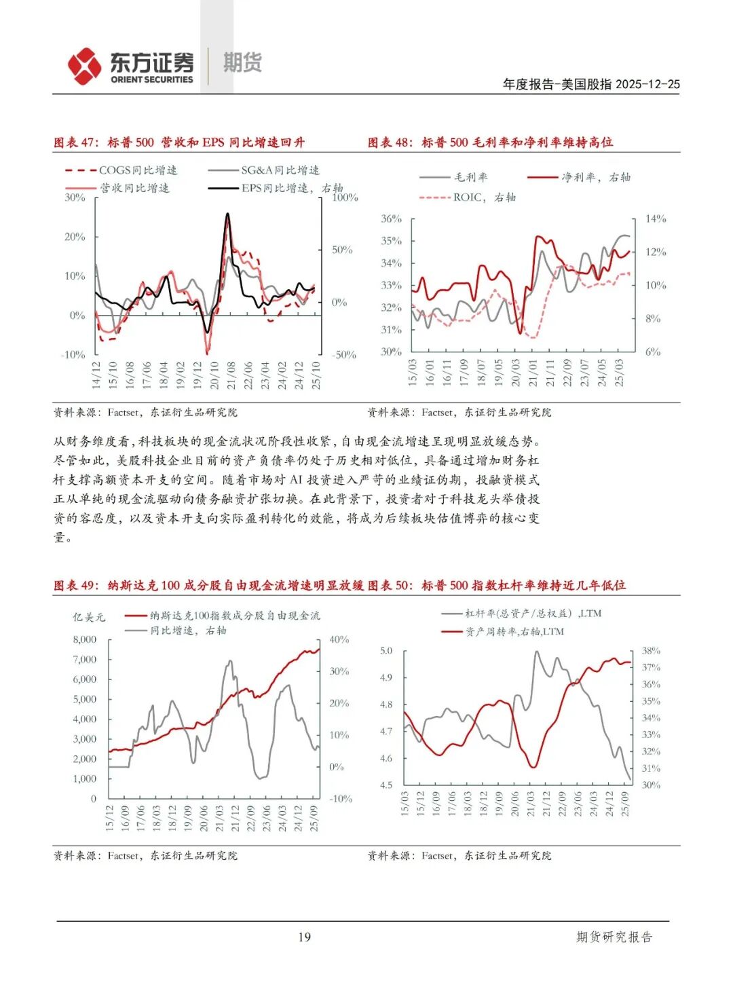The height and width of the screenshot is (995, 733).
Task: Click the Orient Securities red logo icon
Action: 84,66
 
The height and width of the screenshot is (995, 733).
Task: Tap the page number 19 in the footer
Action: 304,937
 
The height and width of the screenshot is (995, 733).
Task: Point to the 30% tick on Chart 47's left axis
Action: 75,198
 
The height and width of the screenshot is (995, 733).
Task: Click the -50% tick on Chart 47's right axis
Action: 343,355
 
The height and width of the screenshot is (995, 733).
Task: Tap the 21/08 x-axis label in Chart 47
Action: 231,375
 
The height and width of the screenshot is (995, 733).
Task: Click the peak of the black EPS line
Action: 227,214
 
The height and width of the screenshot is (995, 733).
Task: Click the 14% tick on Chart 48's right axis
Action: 655,219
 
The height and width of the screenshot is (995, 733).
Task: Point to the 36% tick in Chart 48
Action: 391,219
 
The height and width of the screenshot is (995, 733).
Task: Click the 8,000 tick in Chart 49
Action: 85,639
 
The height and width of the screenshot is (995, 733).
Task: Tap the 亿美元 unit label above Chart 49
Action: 89,617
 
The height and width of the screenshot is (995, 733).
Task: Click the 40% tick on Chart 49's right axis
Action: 339,639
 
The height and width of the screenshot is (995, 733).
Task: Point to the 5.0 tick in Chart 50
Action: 386,651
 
